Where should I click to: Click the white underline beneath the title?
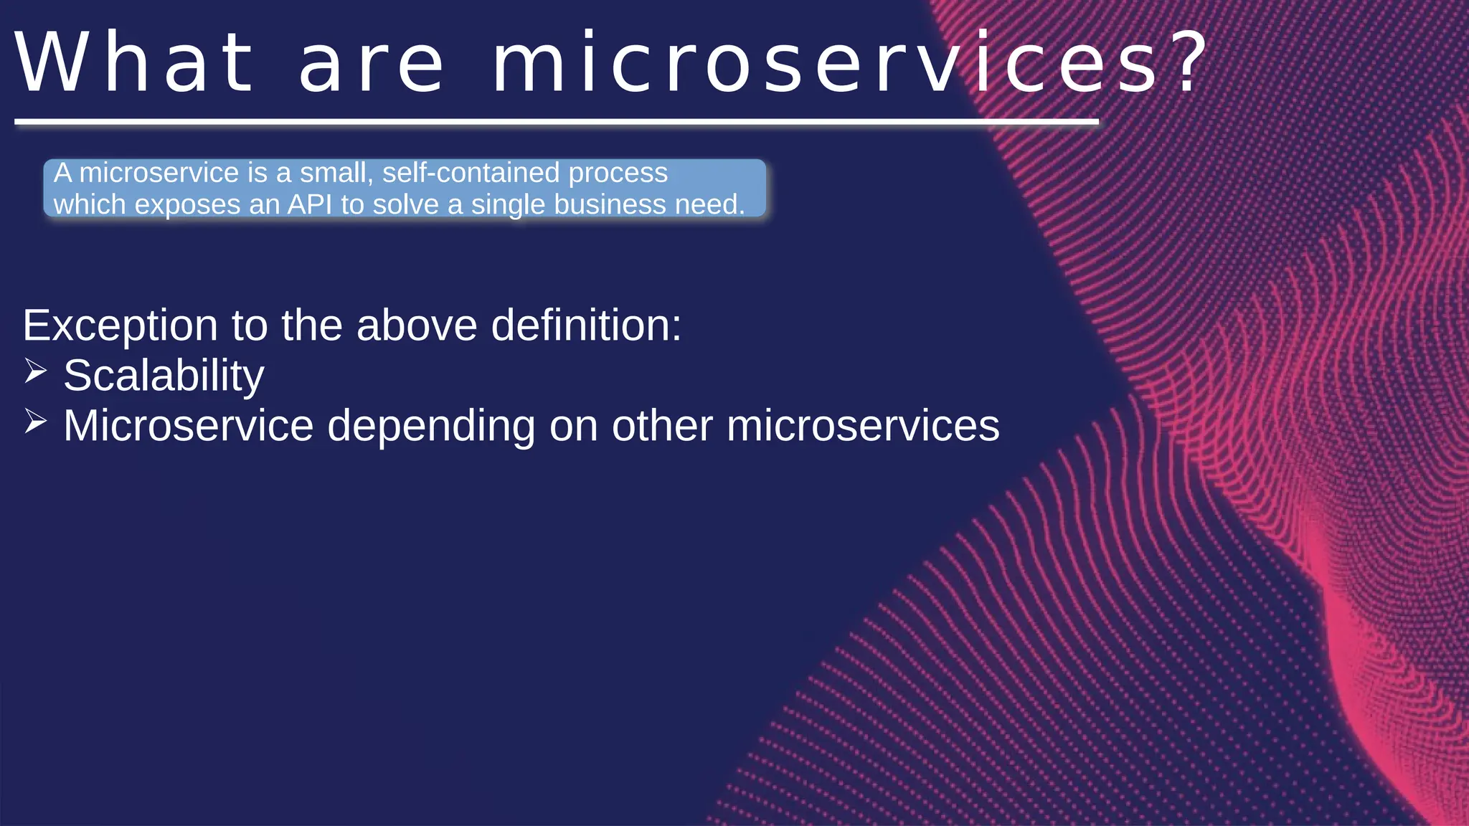pyautogui.click(x=556, y=123)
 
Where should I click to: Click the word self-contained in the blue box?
pyautogui.click(x=471, y=174)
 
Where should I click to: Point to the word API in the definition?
pyautogui.click(x=310, y=205)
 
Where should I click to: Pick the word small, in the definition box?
pyautogui.click(x=336, y=174)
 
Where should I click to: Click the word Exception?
pyautogui.click(x=120, y=327)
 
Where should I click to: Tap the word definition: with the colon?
pyautogui.click(x=586, y=326)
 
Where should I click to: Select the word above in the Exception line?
pyautogui.click(x=417, y=326)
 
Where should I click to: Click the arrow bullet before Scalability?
pyautogui.click(x=35, y=371)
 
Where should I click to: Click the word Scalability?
pyautogui.click(x=164, y=376)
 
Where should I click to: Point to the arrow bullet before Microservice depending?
pyautogui.click(x=35, y=422)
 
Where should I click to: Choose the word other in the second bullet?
pyautogui.click(x=666, y=426)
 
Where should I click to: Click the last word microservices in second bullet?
pyautogui.click(x=863, y=426)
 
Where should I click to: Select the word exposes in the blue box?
pyautogui.click(x=187, y=206)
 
